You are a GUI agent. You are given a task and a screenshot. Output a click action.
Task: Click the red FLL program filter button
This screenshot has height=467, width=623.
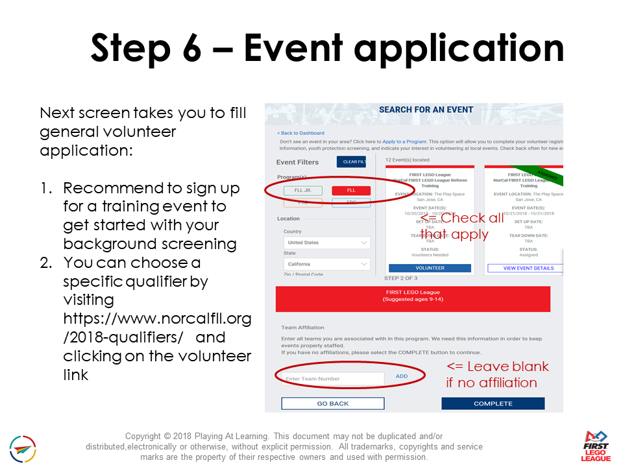351,191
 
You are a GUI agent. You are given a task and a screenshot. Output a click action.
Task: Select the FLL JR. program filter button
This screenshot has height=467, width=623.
303,191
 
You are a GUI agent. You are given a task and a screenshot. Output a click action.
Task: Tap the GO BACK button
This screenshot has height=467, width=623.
333,403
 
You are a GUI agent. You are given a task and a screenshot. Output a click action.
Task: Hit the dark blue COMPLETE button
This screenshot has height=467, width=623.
493,403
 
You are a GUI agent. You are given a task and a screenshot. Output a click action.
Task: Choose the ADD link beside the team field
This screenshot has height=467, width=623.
402,376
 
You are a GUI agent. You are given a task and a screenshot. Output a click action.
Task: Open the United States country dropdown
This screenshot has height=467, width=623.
327,243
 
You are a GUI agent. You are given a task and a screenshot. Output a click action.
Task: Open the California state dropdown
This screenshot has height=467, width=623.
327,264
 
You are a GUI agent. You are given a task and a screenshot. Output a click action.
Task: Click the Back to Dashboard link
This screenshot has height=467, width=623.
300,133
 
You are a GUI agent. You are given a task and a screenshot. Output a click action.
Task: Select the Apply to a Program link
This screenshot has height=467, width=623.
404,141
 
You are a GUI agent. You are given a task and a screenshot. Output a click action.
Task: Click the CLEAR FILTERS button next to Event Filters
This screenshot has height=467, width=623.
351,162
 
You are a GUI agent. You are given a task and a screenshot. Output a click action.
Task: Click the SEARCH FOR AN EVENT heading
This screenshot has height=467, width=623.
426,110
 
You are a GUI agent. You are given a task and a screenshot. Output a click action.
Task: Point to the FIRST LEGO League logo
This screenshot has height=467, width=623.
596,446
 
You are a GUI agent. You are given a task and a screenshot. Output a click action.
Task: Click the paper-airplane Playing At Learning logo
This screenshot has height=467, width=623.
23,449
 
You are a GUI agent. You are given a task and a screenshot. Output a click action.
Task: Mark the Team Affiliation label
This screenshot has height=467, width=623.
302,328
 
